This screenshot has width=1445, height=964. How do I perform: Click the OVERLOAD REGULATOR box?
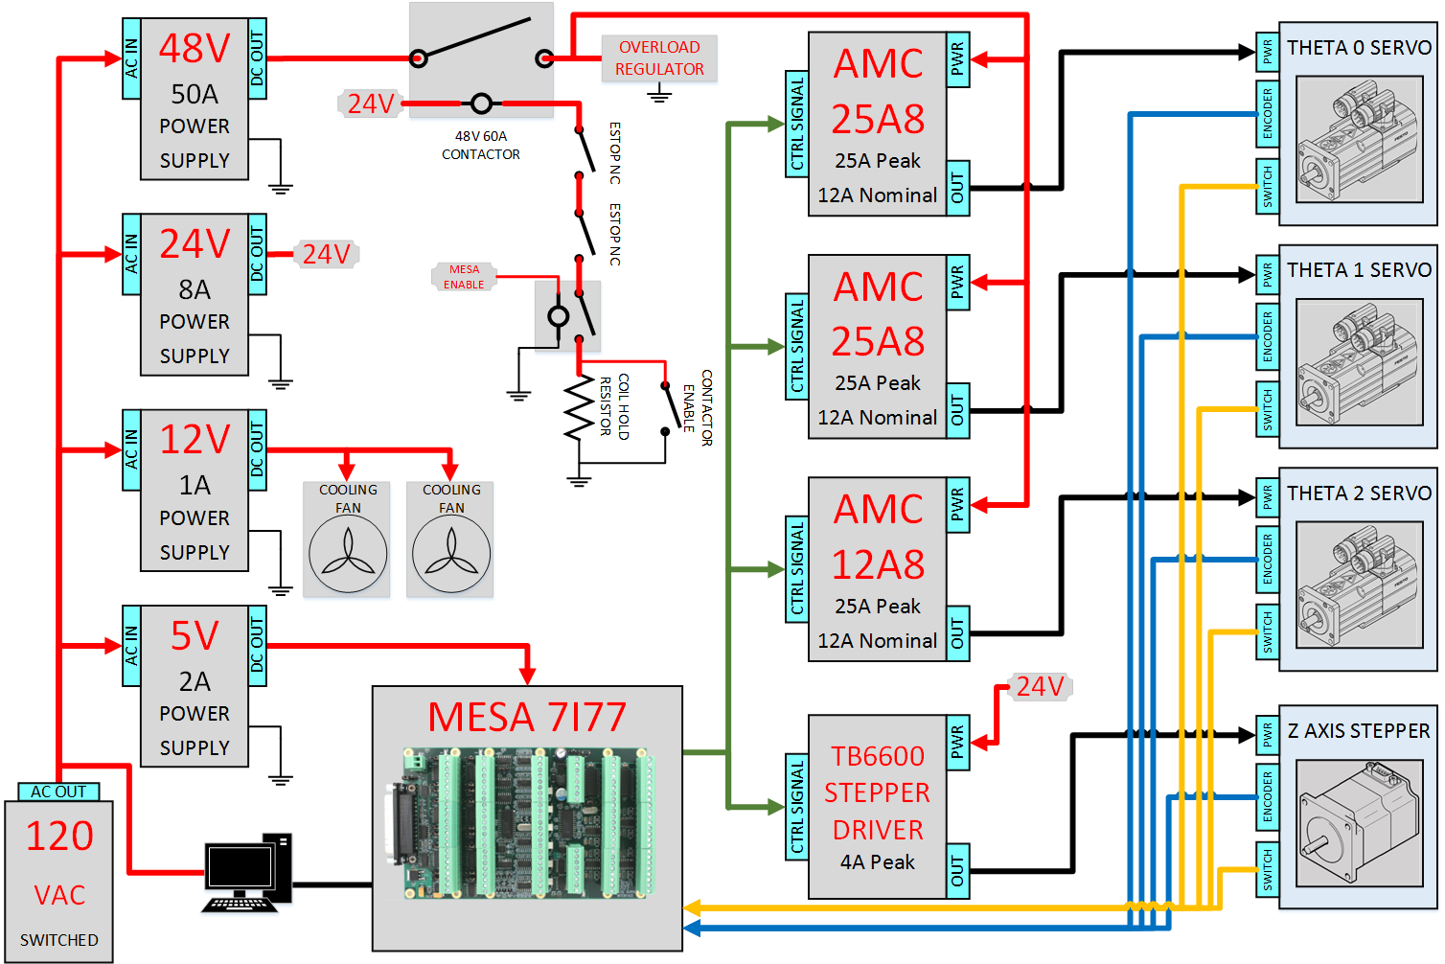pos(658,58)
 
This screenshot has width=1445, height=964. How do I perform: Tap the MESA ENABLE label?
pos(463,277)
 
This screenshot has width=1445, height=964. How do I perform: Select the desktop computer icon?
pos(247,872)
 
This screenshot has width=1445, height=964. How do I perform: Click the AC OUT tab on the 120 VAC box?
pos(58,792)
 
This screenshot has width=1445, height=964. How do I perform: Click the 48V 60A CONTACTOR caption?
pos(481,146)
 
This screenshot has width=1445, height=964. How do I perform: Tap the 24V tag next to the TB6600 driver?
pos(1040,686)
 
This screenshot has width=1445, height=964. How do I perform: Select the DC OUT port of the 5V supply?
pos(258,645)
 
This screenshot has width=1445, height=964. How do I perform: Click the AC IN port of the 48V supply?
pos(131,58)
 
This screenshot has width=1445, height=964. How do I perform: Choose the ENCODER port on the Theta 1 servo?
pos(1268,336)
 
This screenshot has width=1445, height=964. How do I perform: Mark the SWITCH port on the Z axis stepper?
pos(1268,870)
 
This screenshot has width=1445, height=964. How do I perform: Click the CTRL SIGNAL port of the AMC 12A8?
pos(796,569)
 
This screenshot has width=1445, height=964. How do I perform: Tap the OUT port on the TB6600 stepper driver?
pos(958,871)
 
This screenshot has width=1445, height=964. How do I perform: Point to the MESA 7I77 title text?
pos(527,717)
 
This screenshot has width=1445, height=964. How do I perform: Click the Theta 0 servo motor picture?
pos(1359,139)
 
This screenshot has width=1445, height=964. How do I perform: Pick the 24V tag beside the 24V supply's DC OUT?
pos(327,254)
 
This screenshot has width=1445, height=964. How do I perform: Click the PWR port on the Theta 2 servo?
pos(1268,497)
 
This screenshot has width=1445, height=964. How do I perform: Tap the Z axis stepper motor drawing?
pos(1359,823)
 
